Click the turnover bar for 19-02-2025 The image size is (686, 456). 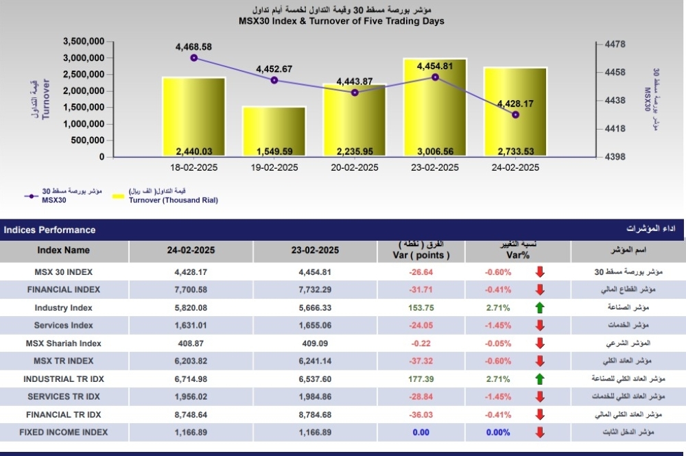[274, 131]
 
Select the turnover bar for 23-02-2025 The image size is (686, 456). [436, 107]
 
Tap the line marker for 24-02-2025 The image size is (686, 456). [515, 115]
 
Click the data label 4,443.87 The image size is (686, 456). [355, 82]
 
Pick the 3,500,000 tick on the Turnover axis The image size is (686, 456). [84, 42]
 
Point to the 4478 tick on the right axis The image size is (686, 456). [615, 44]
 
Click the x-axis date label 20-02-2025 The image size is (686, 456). [355, 167]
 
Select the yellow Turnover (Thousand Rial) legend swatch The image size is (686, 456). [118, 196]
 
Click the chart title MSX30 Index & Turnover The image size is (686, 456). [341, 21]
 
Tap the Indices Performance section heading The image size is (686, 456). [49, 230]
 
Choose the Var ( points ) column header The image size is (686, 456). [421, 255]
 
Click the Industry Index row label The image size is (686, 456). [63, 308]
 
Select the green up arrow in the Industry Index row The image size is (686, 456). [540, 308]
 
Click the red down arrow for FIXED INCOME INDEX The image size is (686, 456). [540, 433]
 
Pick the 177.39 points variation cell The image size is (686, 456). [421, 379]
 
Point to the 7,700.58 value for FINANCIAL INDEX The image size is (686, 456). [191, 289]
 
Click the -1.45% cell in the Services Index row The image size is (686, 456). [498, 325]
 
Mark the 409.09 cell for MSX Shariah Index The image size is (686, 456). [315, 344]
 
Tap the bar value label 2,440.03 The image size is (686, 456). [194, 152]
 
